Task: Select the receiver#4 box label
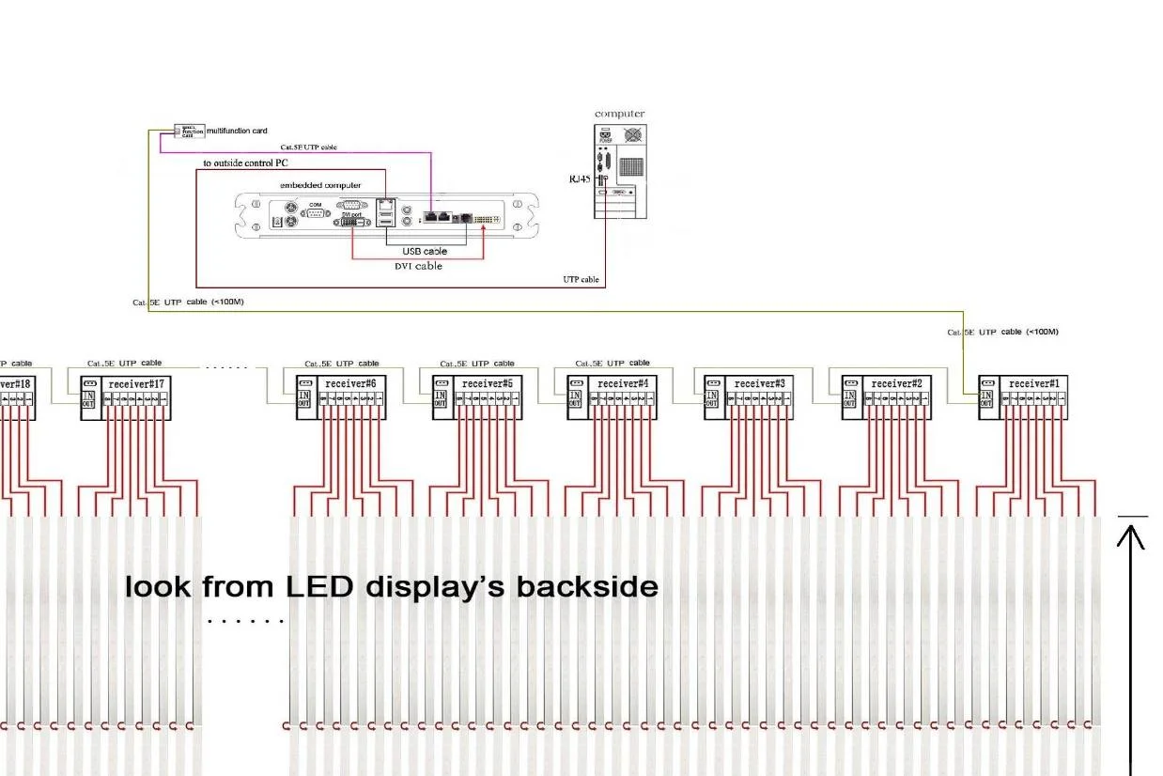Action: (623, 384)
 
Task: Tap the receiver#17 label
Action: (137, 384)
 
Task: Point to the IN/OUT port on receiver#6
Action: (305, 398)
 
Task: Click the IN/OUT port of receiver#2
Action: (850, 398)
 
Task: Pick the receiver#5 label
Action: (487, 384)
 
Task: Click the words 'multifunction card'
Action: (237, 131)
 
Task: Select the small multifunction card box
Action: (189, 131)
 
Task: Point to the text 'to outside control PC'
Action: (245, 163)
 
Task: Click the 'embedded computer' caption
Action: (320, 185)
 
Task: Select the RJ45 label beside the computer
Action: (580, 178)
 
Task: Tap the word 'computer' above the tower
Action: (620, 114)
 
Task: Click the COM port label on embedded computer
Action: (315, 204)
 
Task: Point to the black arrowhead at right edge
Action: (1132, 535)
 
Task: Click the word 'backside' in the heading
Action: (587, 587)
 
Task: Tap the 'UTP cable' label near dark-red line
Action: (581, 279)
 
